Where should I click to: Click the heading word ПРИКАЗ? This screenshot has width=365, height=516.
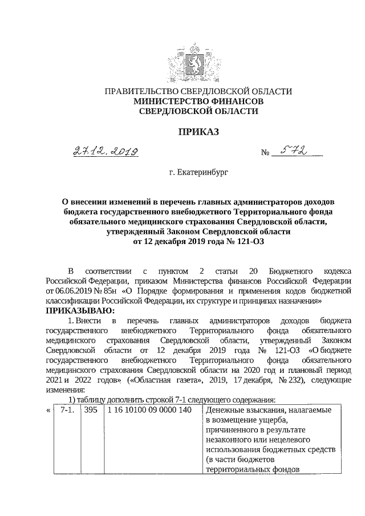tap(182, 132)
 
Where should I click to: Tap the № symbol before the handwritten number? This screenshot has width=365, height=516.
tap(265, 153)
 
